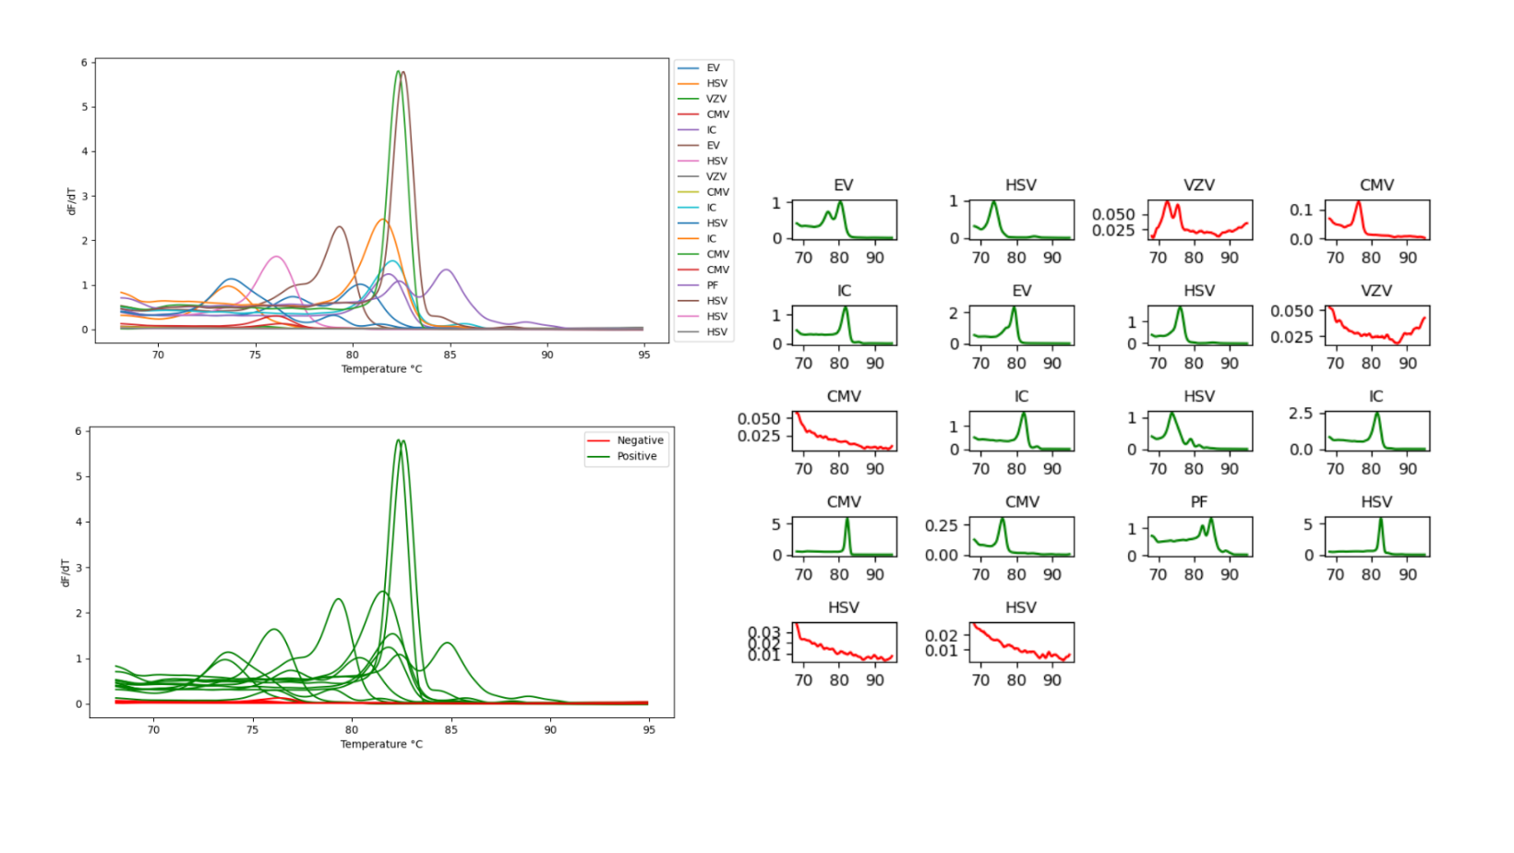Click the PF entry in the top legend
[x=712, y=285]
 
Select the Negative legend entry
[x=640, y=440]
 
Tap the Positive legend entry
[x=637, y=456]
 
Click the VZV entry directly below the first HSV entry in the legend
[x=715, y=99]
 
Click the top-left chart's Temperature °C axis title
[x=381, y=369]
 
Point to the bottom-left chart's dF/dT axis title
[x=66, y=572]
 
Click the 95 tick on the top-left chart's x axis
[x=643, y=354]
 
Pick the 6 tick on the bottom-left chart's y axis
[x=78, y=431]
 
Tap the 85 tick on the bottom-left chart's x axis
[x=451, y=729]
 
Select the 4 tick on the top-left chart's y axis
[x=84, y=151]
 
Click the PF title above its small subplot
[x=1198, y=502]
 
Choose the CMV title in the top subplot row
[x=1376, y=186]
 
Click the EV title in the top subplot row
[x=843, y=186]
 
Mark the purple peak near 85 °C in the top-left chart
[x=447, y=270]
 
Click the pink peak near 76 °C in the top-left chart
[x=276, y=257]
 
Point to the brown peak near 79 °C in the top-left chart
[x=340, y=227]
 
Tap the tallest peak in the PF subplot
[x=1211, y=520]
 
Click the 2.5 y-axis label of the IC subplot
[x=1300, y=414]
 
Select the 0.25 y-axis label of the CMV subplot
[x=941, y=525]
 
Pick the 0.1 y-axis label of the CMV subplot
[x=1301, y=210]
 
